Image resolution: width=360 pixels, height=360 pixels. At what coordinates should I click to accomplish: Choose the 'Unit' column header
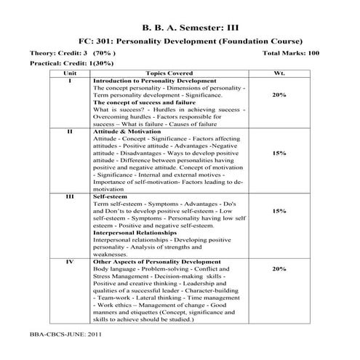point(71,73)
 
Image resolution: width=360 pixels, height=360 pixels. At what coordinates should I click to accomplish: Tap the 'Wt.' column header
point(279,73)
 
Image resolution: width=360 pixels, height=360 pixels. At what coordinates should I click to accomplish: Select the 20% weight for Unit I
point(279,96)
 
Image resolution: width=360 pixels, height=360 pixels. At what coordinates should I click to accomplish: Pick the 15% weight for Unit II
point(279,153)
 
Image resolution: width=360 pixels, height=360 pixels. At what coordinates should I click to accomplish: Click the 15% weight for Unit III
point(279,211)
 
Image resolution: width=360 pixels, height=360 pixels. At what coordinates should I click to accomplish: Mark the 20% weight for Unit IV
point(279,268)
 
